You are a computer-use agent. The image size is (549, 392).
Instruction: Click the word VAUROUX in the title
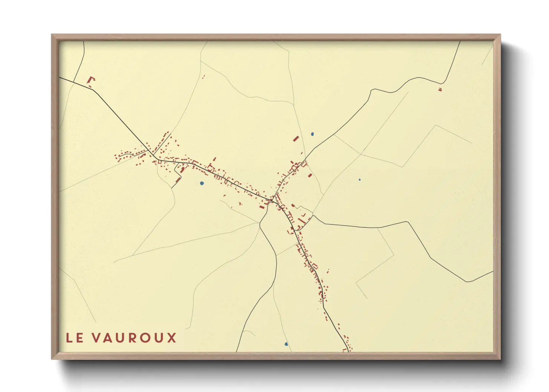(x=135, y=338)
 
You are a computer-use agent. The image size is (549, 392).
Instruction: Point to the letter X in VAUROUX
(x=172, y=338)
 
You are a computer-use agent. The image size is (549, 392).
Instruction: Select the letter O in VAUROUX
(x=146, y=338)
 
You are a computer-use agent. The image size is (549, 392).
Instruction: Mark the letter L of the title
(x=69, y=338)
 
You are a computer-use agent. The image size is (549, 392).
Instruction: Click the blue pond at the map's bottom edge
(x=286, y=344)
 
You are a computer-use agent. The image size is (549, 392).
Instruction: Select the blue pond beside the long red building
(x=312, y=134)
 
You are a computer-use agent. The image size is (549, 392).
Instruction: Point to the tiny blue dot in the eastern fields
(x=359, y=180)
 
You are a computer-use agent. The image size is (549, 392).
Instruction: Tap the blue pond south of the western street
(x=201, y=183)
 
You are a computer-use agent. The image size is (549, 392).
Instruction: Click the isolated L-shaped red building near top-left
(x=91, y=80)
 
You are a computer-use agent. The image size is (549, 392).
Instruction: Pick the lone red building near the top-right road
(x=440, y=89)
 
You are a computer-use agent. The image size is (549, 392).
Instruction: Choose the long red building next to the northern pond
(x=296, y=139)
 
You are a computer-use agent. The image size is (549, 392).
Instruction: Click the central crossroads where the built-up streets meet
(x=273, y=200)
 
